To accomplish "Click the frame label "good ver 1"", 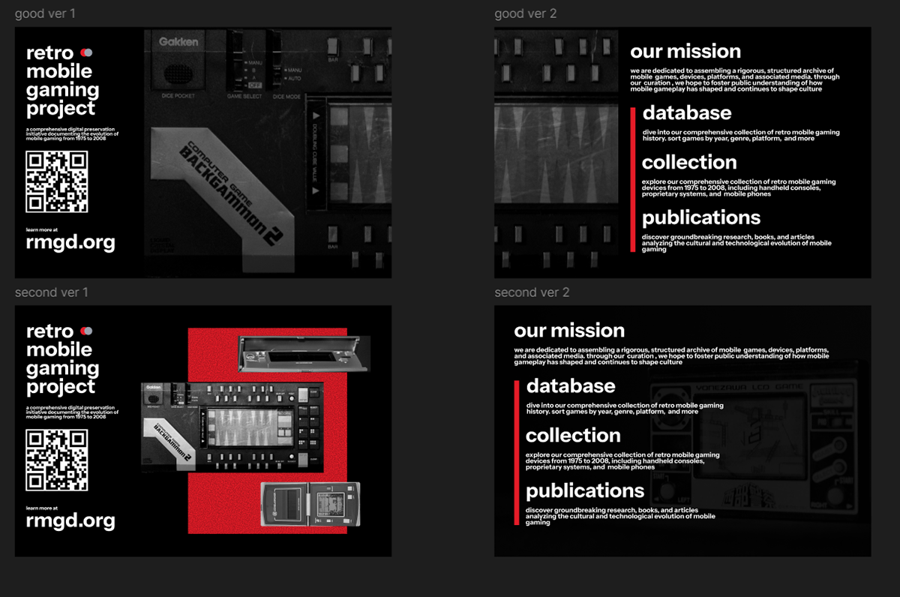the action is click(45, 13).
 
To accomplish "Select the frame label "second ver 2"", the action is click(532, 292).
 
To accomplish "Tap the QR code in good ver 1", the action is click(57, 181).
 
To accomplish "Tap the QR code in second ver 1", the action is click(57, 460).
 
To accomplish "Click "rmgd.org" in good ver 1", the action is click(70, 242).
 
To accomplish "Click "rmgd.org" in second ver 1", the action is click(70, 520).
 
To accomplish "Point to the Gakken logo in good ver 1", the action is click(178, 42).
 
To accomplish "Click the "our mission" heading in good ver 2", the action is click(685, 52).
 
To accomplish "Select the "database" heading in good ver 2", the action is click(687, 113).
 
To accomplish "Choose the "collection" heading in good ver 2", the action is click(689, 163).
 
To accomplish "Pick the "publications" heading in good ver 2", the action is click(701, 218).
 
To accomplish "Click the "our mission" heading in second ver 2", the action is click(569, 331).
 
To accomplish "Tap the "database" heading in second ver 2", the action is click(571, 386).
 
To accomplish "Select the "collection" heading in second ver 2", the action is click(573, 436).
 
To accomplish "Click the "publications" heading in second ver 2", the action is click(585, 491).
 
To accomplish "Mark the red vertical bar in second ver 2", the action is click(517, 451).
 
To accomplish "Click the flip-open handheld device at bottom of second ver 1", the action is click(310, 505).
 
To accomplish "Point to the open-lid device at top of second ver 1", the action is click(303, 352).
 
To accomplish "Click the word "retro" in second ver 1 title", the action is click(49, 331).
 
